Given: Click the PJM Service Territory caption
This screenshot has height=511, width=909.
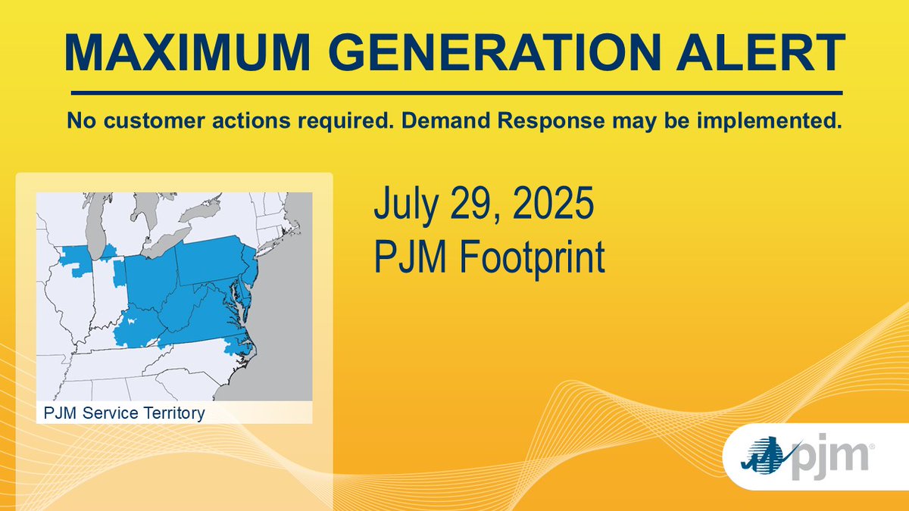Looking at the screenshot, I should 124,413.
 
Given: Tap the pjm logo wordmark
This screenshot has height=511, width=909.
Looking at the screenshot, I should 829,457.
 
